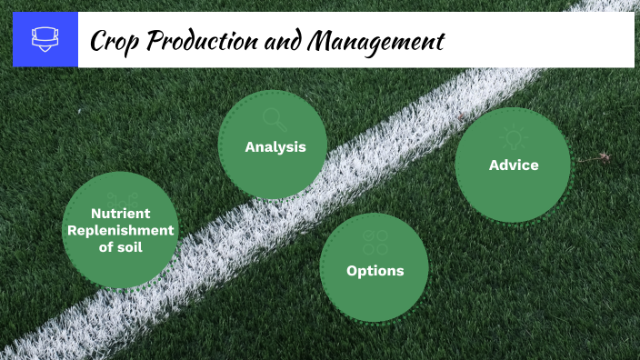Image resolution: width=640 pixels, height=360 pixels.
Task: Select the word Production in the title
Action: point(199,41)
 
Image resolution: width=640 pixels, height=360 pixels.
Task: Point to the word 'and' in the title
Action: point(283,41)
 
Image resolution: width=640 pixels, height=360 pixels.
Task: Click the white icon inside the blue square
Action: point(45,39)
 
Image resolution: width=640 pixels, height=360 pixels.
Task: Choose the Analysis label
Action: point(275,146)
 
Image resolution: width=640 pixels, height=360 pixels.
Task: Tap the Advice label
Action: point(514,165)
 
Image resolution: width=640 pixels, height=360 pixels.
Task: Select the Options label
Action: point(375,270)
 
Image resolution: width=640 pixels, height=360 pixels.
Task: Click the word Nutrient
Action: point(119,215)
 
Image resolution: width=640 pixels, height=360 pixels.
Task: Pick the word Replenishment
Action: point(119,230)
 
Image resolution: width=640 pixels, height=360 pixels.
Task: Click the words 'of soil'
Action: point(119,246)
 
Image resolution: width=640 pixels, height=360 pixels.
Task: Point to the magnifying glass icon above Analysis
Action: point(274,118)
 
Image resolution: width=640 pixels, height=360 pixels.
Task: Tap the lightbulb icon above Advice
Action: point(514,137)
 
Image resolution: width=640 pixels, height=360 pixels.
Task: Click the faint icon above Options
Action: point(375,242)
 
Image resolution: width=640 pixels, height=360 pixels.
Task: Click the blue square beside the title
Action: point(45,39)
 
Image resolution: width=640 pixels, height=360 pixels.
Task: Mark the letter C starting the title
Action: point(97,41)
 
